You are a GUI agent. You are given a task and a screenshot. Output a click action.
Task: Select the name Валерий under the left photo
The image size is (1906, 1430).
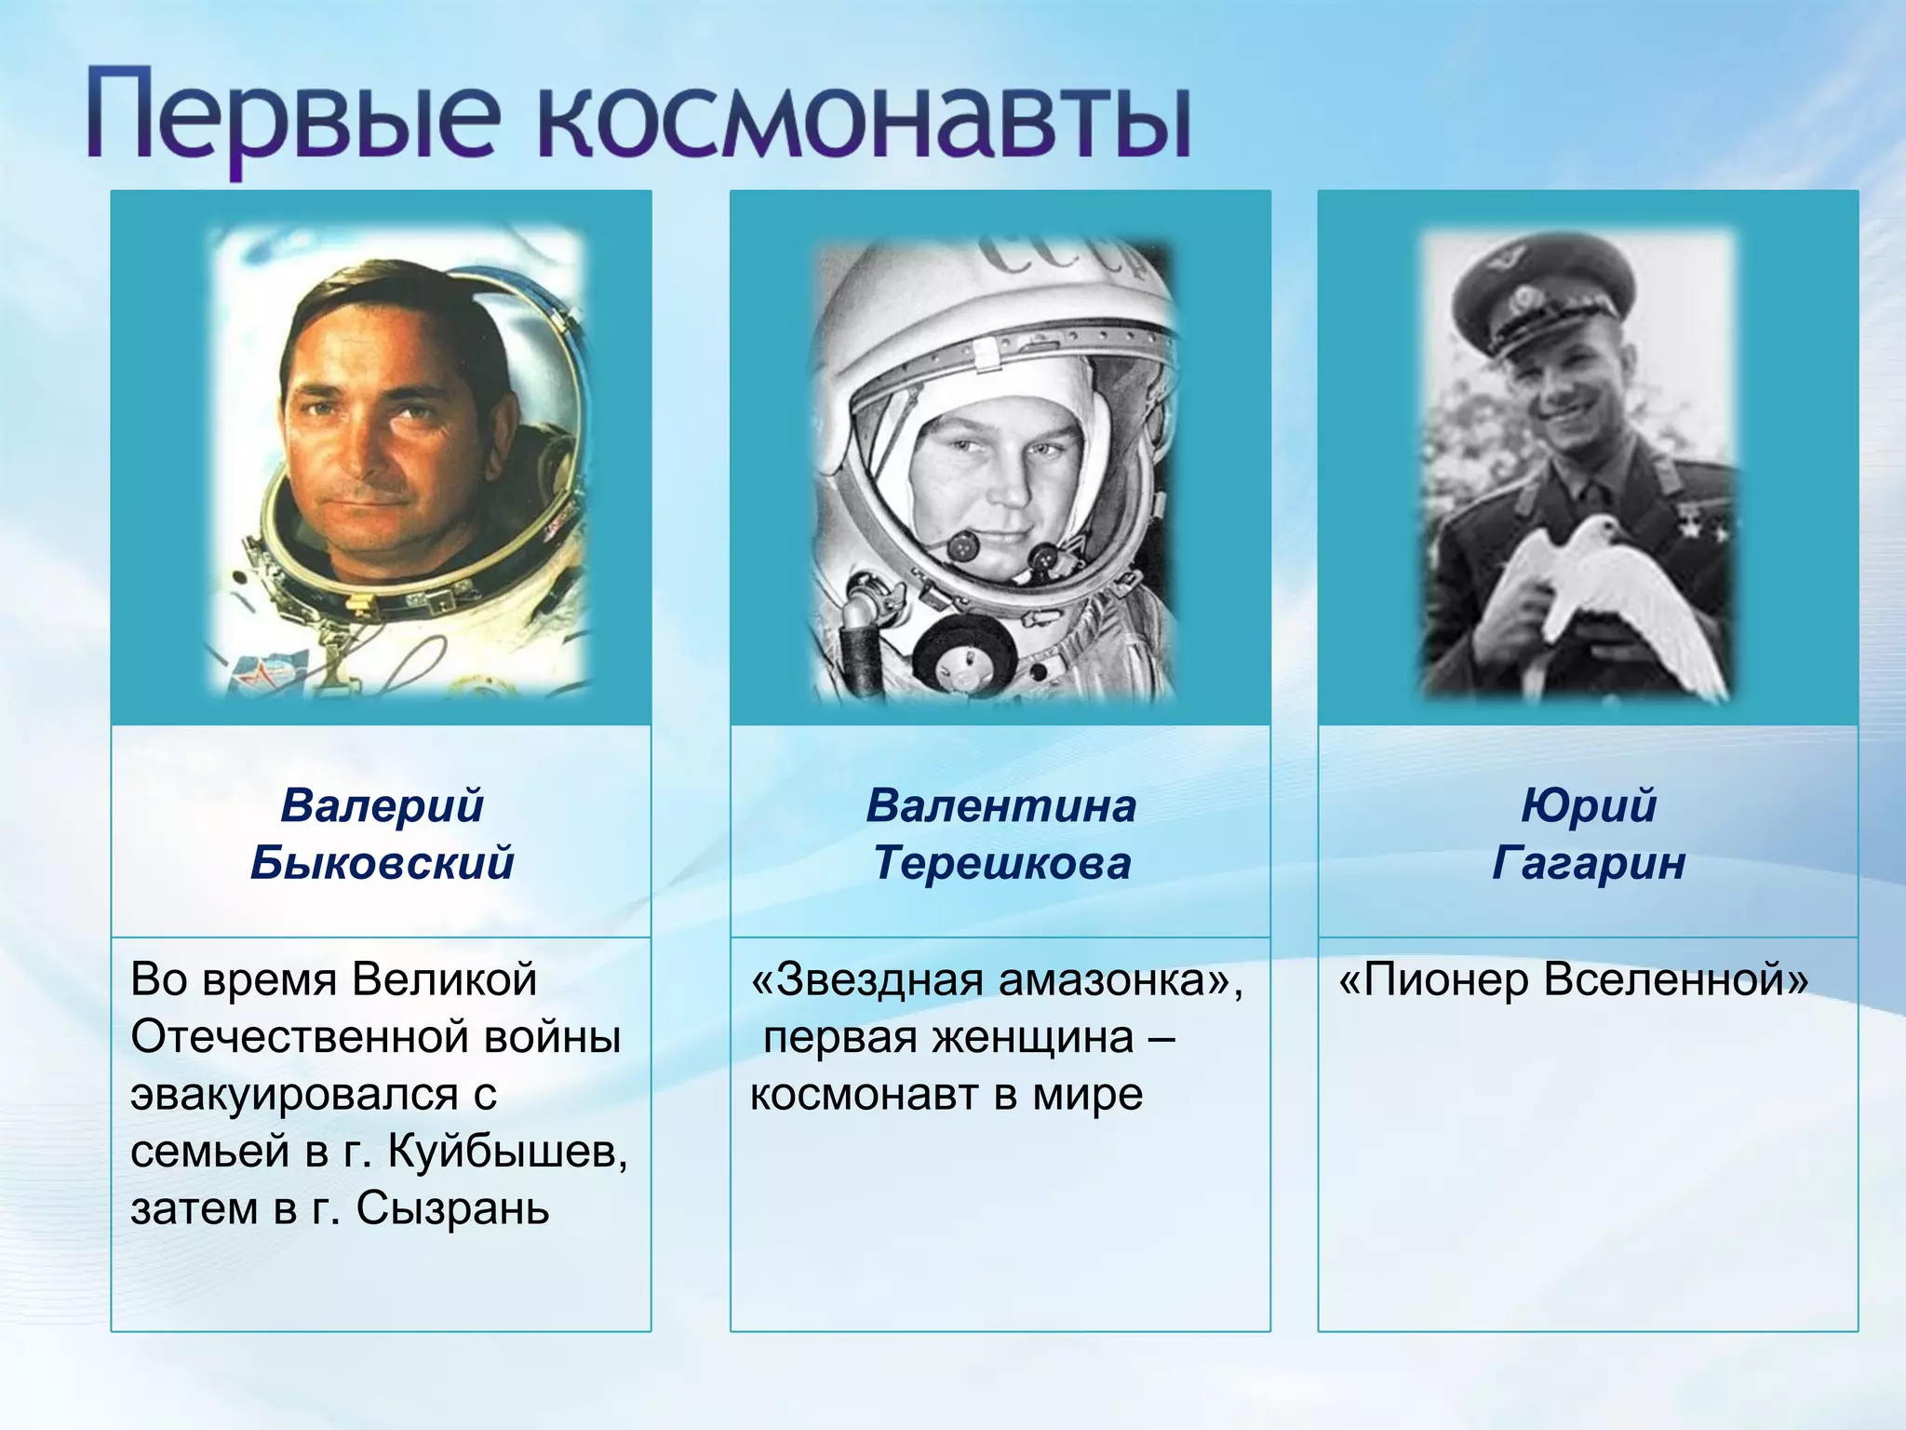[x=382, y=805]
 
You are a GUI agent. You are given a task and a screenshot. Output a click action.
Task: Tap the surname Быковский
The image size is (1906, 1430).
[x=382, y=862]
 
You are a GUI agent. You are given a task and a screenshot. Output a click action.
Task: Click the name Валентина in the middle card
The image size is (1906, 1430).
[x=1000, y=805]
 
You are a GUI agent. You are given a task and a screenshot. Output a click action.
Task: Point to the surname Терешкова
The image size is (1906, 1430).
[x=1001, y=862]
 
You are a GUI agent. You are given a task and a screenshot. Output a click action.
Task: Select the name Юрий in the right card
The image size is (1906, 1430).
[x=1588, y=805]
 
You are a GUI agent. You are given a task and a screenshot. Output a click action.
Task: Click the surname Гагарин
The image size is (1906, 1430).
[x=1588, y=862]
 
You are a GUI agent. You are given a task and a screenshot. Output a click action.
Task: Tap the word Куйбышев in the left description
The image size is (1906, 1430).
[x=507, y=1152]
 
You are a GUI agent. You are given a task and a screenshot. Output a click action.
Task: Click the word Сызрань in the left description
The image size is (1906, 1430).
[x=452, y=1208]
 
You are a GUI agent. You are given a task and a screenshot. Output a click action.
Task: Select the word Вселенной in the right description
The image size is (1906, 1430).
[x=1675, y=979]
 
